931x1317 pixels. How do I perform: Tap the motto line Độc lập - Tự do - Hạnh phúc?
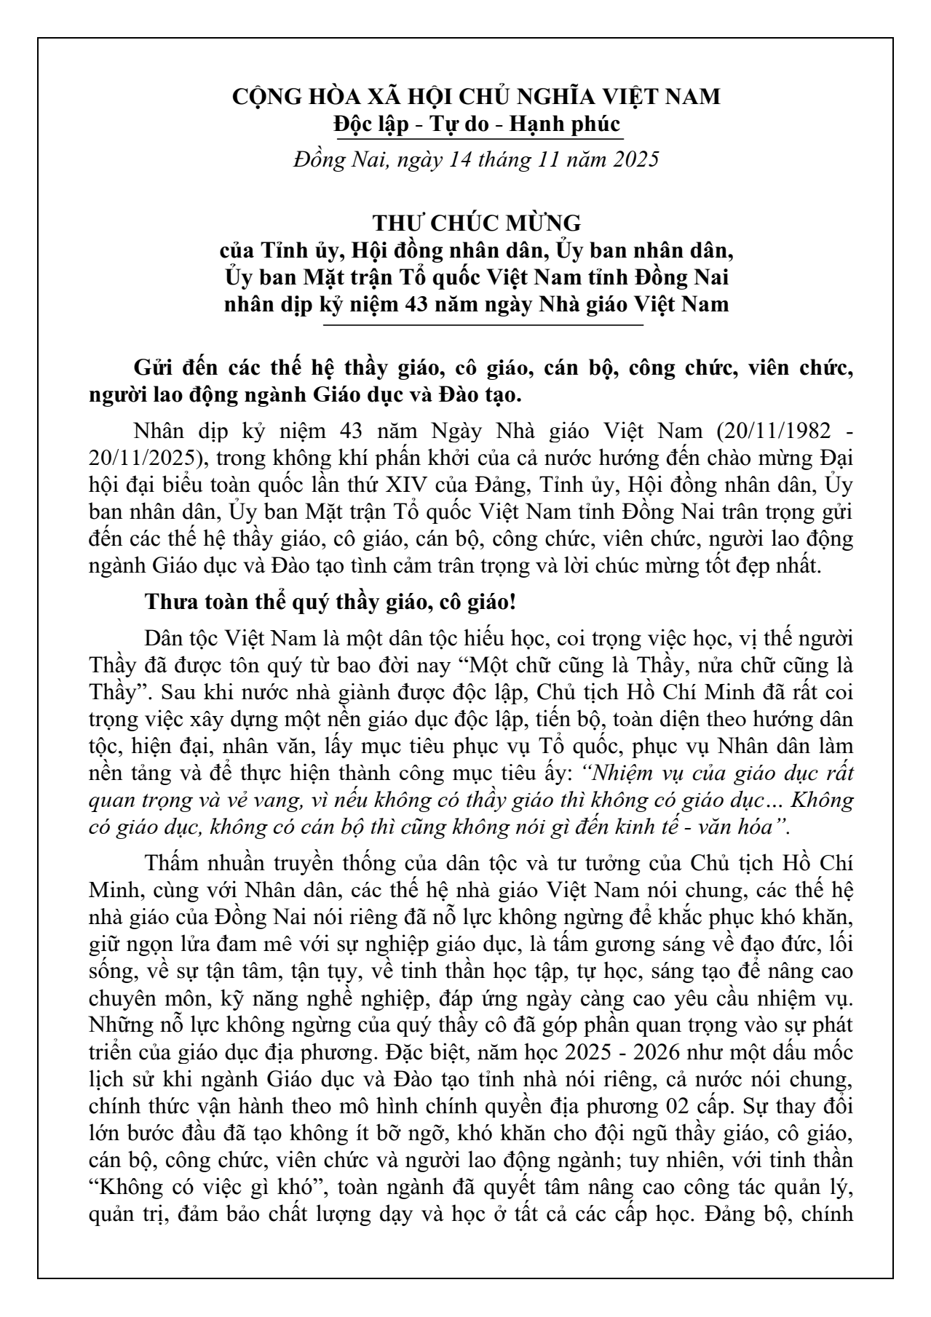click(476, 124)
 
